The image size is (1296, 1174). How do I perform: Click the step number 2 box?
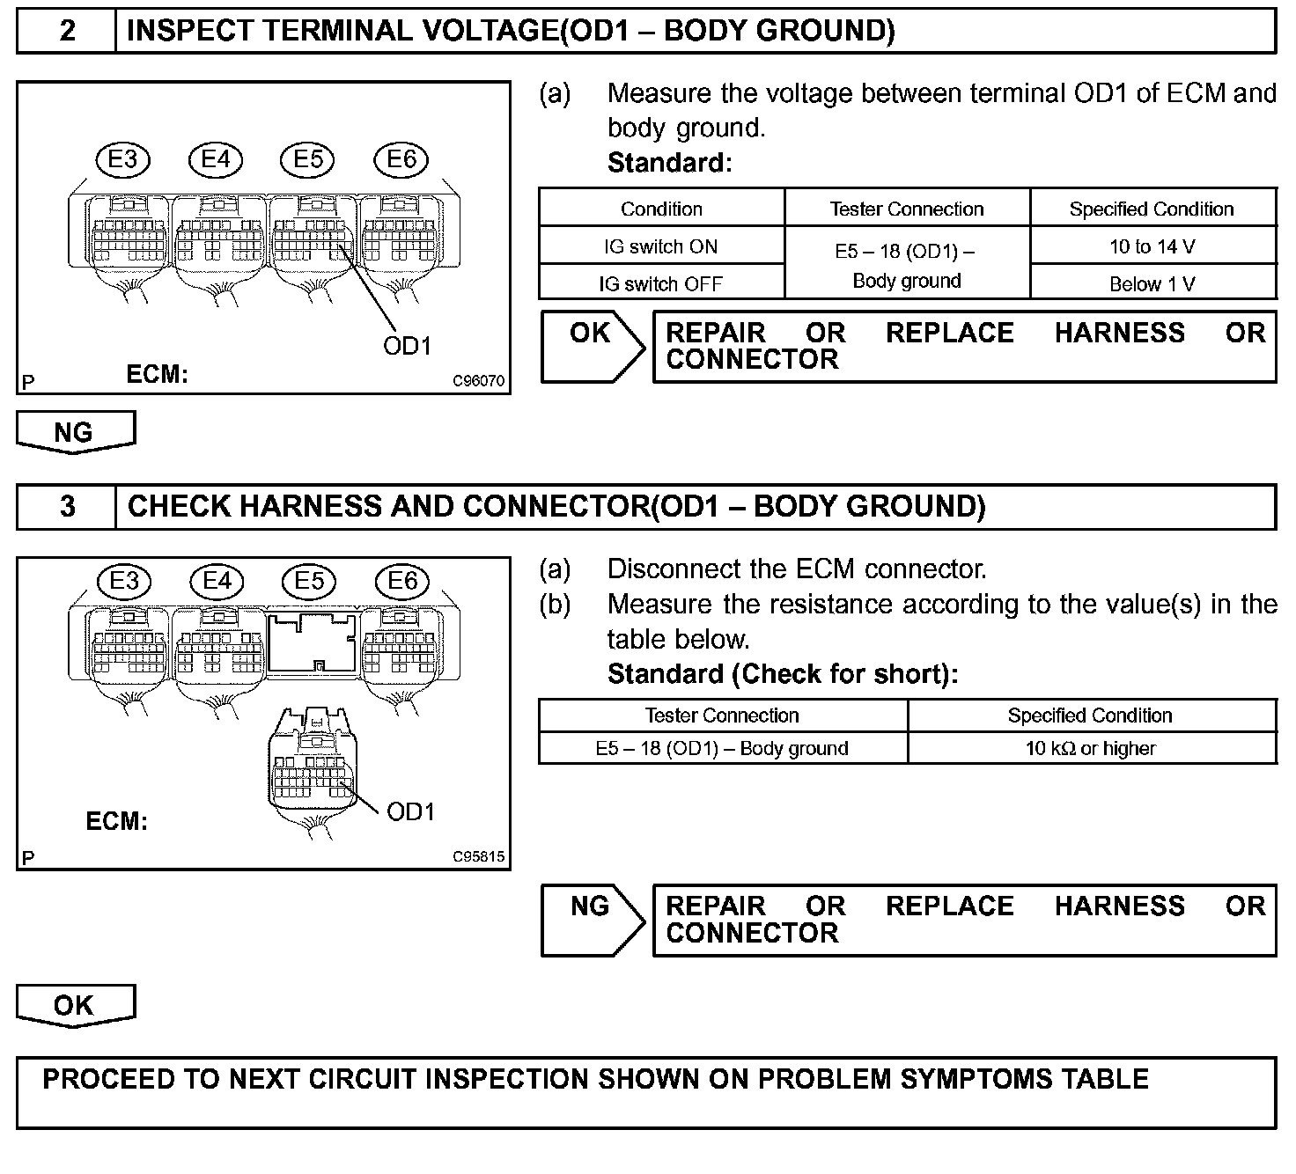pyautogui.click(x=67, y=32)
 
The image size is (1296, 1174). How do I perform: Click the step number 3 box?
pyautogui.click(x=67, y=507)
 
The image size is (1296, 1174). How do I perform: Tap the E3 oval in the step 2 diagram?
pyautogui.click(x=123, y=159)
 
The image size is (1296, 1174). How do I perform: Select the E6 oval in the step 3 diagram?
pyautogui.click(x=402, y=581)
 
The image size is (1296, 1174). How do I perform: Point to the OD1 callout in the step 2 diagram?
pyautogui.click(x=407, y=346)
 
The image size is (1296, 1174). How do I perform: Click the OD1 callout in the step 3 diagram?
pyautogui.click(x=410, y=811)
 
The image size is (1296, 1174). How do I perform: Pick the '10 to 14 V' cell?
pyautogui.click(x=1152, y=246)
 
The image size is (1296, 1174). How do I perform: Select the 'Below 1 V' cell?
pyautogui.click(x=1152, y=283)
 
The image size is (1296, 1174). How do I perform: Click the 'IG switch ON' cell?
pyautogui.click(x=660, y=246)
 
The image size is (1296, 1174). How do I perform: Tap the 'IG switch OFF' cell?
pyautogui.click(x=660, y=283)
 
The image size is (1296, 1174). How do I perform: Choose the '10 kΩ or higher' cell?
pyautogui.click(x=1090, y=748)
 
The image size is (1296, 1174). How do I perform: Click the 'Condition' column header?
pyautogui.click(x=661, y=209)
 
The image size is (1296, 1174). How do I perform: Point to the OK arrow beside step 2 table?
pyautogui.click(x=593, y=345)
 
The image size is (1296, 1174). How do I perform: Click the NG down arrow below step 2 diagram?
pyautogui.click(x=76, y=432)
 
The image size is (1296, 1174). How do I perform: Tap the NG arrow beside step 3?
pyautogui.click(x=593, y=919)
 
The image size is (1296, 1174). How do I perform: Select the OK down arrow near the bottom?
pyautogui.click(x=76, y=1005)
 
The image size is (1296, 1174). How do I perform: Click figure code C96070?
pyautogui.click(x=479, y=381)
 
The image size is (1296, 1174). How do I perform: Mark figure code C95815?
pyautogui.click(x=479, y=856)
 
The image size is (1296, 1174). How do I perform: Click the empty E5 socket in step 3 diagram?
pyautogui.click(x=313, y=643)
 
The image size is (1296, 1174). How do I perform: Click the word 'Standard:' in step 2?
pyautogui.click(x=669, y=163)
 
